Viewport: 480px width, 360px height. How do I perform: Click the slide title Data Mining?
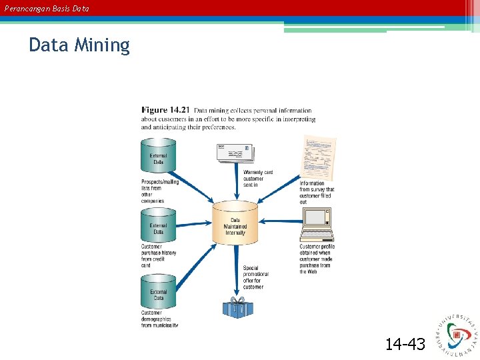(79, 45)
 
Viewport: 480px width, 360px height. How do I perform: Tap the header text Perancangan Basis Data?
(47, 9)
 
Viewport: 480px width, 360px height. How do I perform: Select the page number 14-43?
(405, 344)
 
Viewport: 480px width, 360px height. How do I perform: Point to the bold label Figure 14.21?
(165, 111)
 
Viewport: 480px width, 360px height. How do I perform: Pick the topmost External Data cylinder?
(158, 156)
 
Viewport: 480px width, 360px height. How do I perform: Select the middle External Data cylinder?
(158, 226)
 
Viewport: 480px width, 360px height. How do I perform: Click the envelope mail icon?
(233, 153)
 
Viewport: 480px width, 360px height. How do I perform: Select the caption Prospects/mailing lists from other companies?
(159, 191)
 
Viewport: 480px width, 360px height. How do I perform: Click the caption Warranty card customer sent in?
(257, 179)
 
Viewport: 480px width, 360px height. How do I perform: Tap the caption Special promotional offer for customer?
(256, 277)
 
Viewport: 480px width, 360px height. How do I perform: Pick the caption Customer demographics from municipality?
(159, 319)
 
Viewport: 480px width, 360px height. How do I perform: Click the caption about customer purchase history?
(159, 256)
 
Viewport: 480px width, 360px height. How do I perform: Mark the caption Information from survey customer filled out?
(317, 193)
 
